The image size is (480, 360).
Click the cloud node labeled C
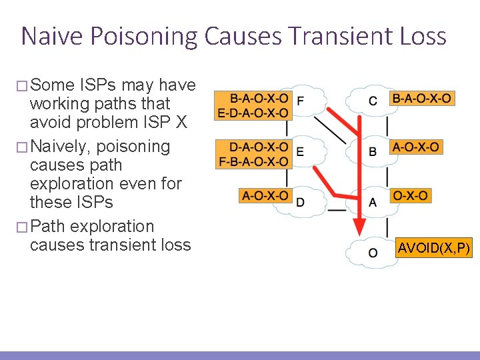coord(373,101)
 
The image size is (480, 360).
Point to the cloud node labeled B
coord(373,152)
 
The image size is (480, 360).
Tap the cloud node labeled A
coord(373,201)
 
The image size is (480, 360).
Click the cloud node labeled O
coord(373,253)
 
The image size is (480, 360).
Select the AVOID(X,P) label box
coord(434,249)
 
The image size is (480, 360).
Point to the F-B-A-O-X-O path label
coord(253,161)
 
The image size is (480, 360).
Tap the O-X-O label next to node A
coord(411,195)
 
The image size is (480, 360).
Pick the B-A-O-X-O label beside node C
coord(421,98)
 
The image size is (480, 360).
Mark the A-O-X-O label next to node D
coord(265,195)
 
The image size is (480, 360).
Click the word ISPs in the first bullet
coord(101,85)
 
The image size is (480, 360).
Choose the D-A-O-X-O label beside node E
coord(259,147)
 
